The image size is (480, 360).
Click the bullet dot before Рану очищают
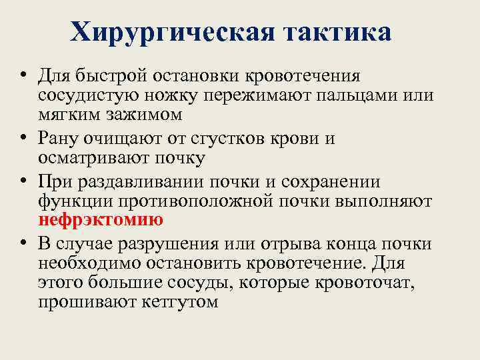point(23,139)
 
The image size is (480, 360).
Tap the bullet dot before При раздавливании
point(23,182)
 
